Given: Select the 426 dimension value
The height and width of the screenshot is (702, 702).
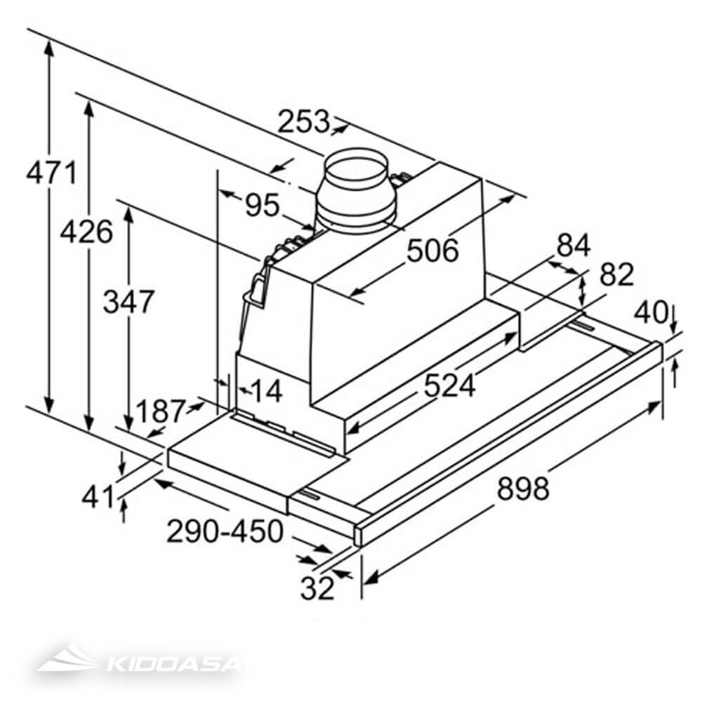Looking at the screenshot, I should (86, 231).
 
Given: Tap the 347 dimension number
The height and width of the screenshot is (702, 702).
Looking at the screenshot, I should (128, 302).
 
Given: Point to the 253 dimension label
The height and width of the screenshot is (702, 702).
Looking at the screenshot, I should (303, 122).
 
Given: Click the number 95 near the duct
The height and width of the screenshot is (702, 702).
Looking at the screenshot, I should (263, 206).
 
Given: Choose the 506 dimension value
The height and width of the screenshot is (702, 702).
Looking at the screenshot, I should (433, 250).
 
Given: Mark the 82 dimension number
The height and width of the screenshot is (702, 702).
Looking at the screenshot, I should (617, 274).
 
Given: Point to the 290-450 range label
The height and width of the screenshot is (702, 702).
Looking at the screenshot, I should (225, 531).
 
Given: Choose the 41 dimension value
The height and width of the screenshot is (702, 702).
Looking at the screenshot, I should (98, 497).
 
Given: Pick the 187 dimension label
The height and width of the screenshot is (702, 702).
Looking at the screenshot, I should (159, 411).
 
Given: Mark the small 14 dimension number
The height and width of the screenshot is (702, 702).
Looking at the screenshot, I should (265, 391).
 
